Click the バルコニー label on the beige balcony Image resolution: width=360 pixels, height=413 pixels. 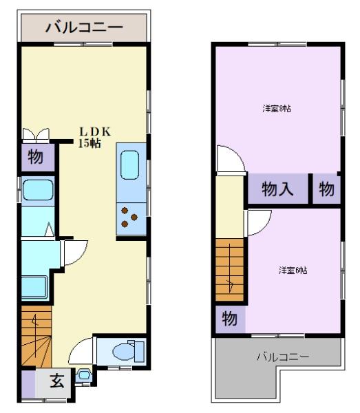click(84, 28)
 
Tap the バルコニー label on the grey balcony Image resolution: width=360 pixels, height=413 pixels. click(283, 357)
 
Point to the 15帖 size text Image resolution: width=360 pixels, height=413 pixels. click(89, 144)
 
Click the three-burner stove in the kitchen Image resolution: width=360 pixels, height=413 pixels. click(129, 217)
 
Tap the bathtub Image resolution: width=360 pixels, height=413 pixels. click(37, 189)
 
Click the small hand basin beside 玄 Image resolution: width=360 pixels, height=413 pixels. click(84, 375)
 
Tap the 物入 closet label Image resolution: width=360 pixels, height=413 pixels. click(279, 189)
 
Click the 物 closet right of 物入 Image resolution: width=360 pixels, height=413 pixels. click(326, 189)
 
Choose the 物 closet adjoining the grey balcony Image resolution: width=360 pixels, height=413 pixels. click(230, 319)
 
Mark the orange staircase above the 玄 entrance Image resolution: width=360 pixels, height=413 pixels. click(36, 338)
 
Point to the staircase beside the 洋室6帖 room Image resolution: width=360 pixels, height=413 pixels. click(230, 268)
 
